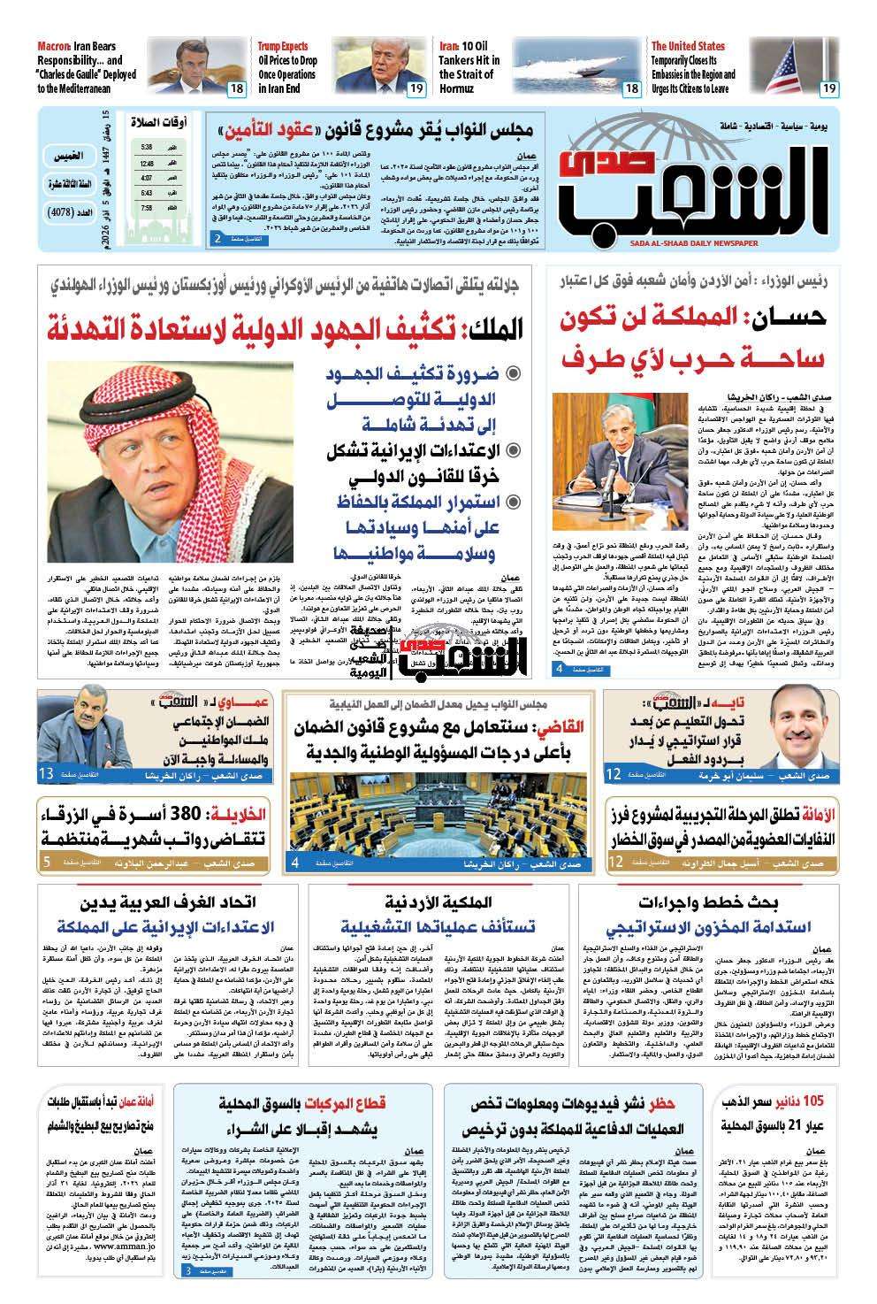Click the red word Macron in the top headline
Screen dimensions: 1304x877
coord(56,46)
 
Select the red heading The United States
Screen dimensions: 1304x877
coord(688,46)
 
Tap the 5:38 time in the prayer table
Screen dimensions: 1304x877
coord(146,147)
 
